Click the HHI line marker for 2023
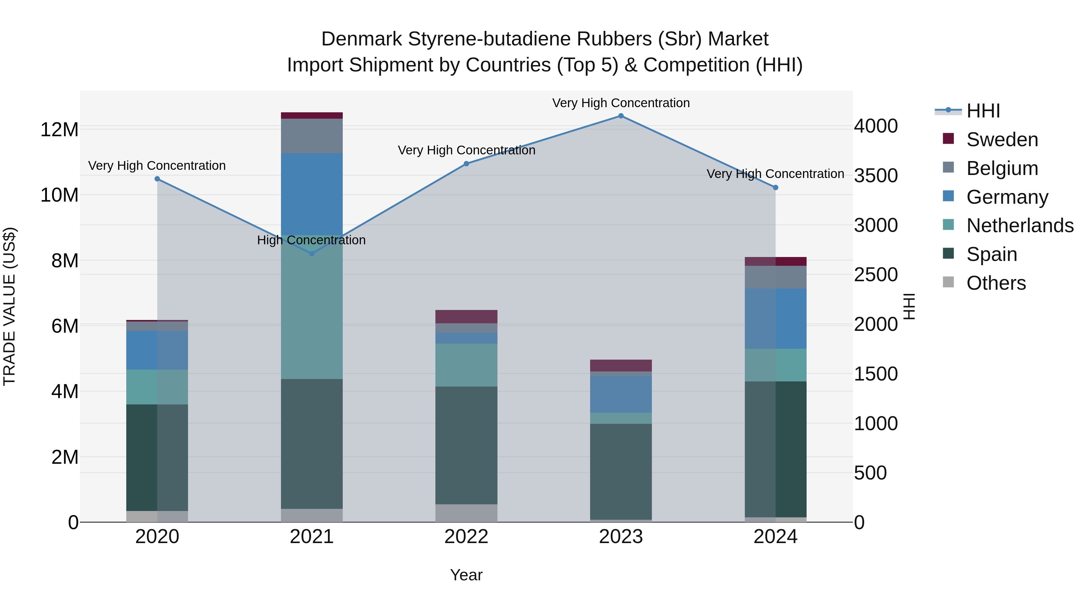point(621,116)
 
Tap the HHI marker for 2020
point(157,179)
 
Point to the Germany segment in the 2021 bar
point(312,194)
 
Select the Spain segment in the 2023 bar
point(621,472)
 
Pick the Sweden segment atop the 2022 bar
point(466,316)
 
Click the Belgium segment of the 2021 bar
point(312,136)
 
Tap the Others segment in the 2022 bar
point(466,513)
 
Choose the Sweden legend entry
point(1002,140)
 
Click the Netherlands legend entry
point(1020,226)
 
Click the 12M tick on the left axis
point(59,130)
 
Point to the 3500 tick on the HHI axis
point(875,176)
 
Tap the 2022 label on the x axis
point(466,537)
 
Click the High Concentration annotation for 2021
point(312,240)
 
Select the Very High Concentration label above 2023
point(621,103)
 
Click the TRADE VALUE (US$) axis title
point(9,306)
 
